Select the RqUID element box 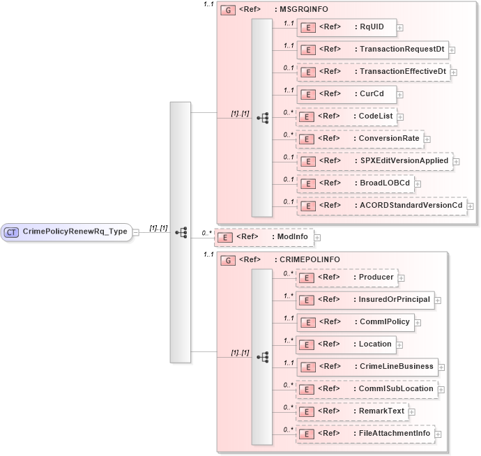(x=346, y=28)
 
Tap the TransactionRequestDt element (x=372, y=50)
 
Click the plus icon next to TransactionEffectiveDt (x=454, y=72)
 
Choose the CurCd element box (x=346, y=93)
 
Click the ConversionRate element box (x=359, y=139)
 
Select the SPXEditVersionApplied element (x=374, y=161)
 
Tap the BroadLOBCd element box (x=355, y=183)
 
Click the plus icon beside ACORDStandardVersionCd (x=471, y=206)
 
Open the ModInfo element (x=264, y=237)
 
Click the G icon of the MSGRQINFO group (x=227, y=10)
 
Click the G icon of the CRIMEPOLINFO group (x=227, y=260)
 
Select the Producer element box (x=346, y=278)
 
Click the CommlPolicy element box (x=356, y=321)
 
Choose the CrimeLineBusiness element (x=367, y=367)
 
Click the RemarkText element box (x=352, y=411)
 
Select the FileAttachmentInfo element (x=365, y=434)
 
